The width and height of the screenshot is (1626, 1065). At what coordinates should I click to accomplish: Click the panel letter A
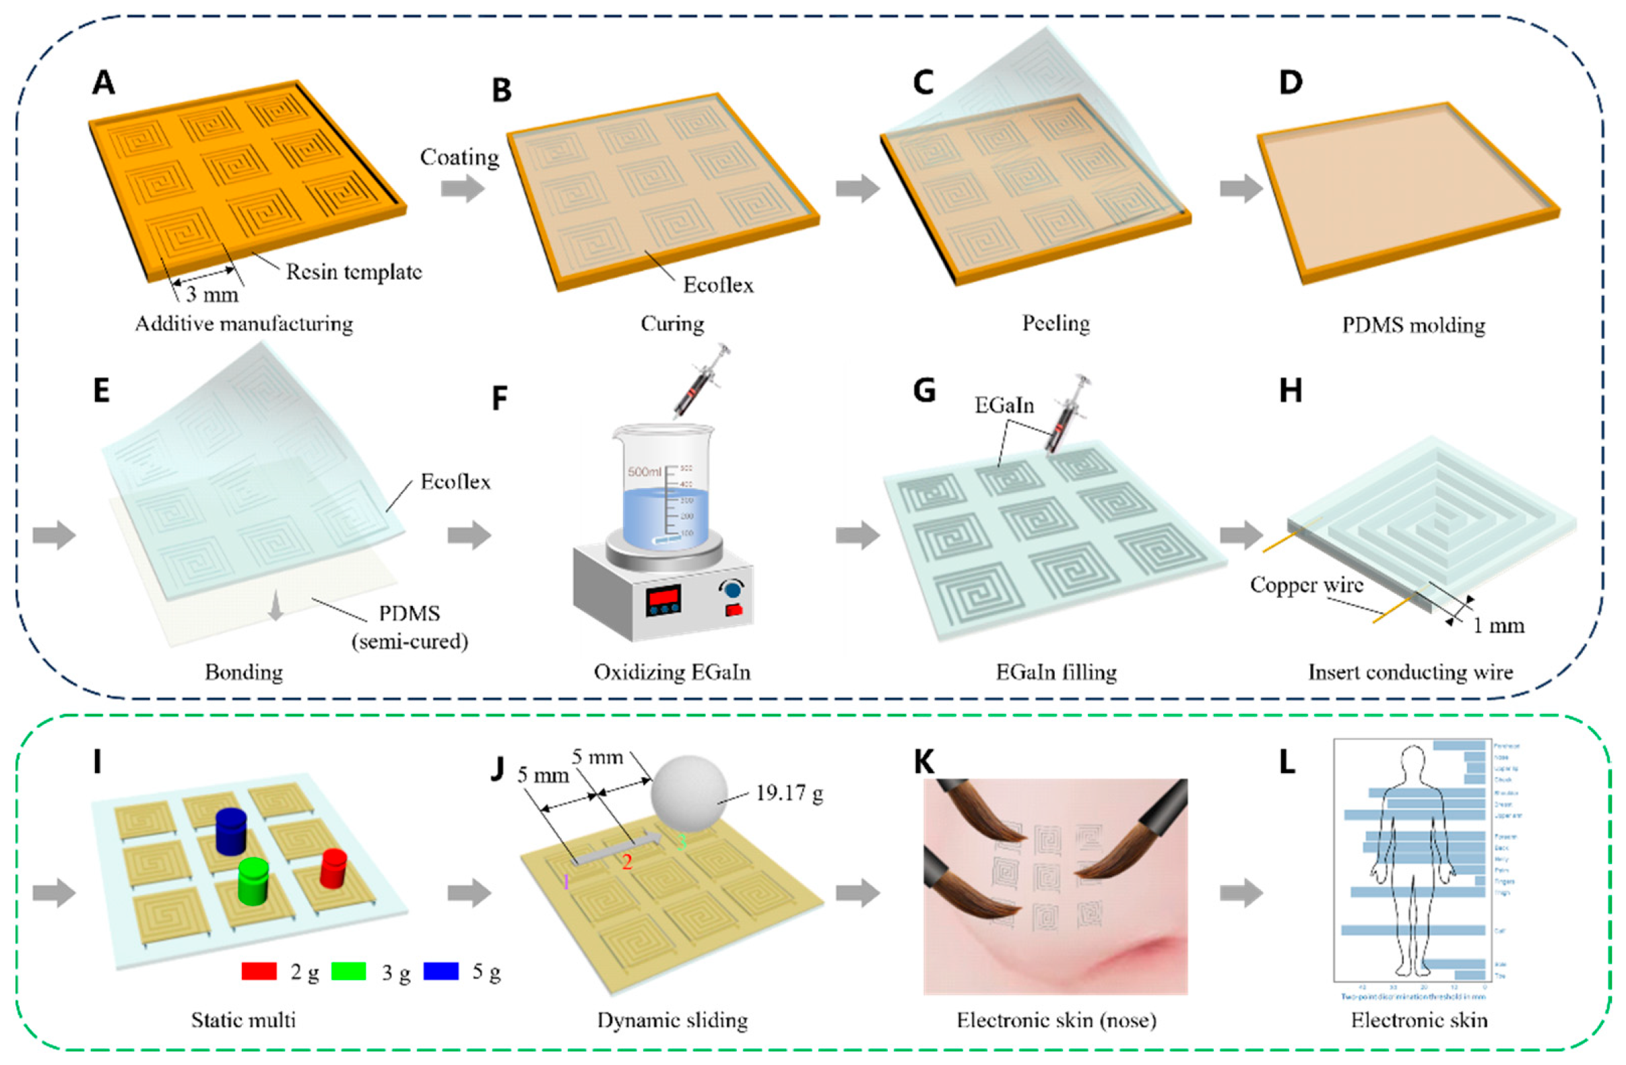(104, 84)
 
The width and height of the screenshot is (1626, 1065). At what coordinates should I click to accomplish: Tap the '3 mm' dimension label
(212, 294)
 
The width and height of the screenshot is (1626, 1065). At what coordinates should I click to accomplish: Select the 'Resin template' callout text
(354, 272)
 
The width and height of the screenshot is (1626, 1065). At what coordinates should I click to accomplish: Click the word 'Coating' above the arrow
(459, 157)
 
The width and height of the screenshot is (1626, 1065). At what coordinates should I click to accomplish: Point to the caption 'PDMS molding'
(1413, 324)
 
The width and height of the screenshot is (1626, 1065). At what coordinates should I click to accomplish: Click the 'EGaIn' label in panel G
(1004, 405)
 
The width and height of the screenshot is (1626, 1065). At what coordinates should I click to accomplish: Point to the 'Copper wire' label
(1306, 585)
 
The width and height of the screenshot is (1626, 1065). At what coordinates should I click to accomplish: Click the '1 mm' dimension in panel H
(1498, 625)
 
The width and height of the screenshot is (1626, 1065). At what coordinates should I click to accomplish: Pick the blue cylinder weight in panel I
(230, 830)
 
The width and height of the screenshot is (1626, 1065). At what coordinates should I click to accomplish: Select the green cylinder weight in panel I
(253, 882)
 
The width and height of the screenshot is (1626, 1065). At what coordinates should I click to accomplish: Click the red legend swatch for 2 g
(259, 971)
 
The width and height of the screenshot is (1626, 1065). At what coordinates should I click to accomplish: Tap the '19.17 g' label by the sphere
(789, 793)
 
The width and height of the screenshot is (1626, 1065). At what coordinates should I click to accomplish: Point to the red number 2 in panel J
(626, 863)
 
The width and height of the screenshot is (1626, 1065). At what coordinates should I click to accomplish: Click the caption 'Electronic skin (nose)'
(1056, 1020)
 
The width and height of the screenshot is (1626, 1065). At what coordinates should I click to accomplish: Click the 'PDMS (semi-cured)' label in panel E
(410, 628)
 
